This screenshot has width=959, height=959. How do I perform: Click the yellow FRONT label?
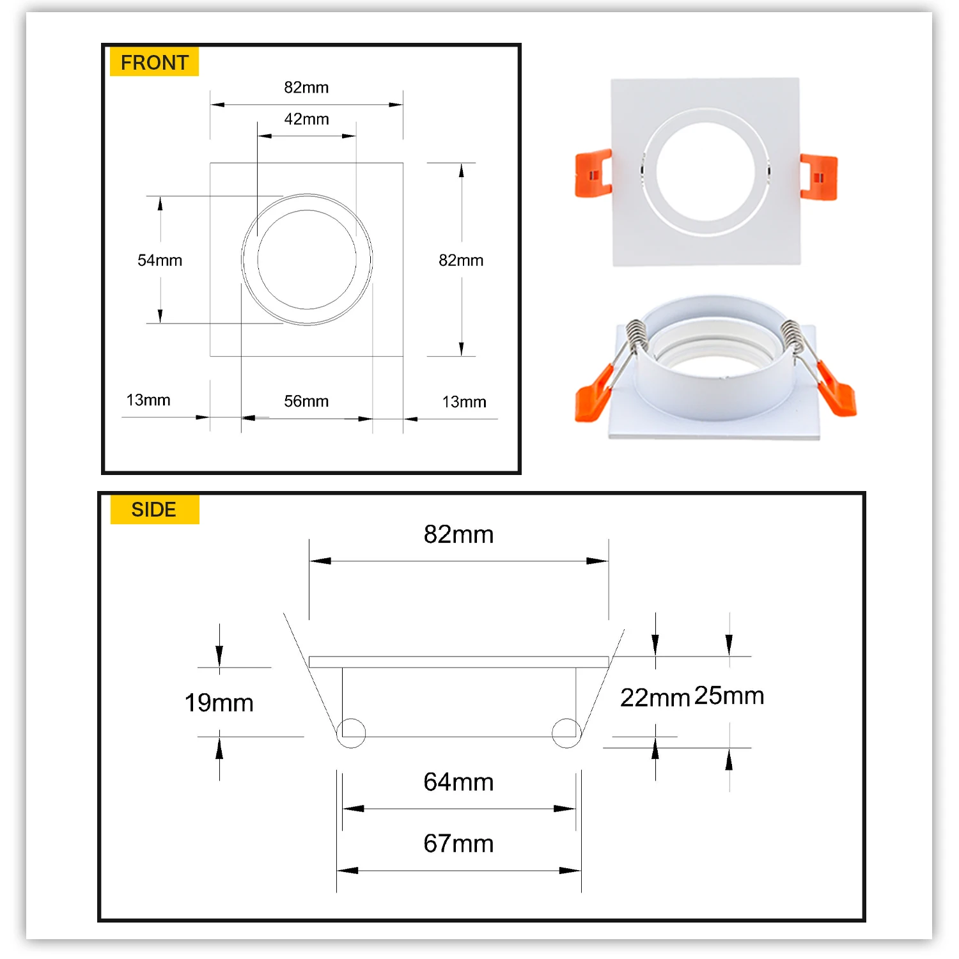(x=154, y=62)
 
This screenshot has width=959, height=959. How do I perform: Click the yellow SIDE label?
(x=154, y=510)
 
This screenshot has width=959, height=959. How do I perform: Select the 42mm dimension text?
(x=306, y=120)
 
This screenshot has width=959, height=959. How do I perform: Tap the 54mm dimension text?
(x=160, y=260)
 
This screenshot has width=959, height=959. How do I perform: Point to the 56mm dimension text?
(x=306, y=402)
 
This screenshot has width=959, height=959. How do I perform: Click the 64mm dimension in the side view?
(x=458, y=783)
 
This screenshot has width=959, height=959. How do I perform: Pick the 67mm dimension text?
(x=458, y=844)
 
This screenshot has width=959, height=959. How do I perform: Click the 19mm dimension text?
(x=219, y=703)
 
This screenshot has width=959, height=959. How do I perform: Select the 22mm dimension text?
(x=655, y=698)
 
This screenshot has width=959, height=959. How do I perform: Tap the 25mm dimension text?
(x=729, y=696)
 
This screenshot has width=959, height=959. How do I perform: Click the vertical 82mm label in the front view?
(x=461, y=260)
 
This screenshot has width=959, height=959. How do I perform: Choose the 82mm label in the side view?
(x=458, y=534)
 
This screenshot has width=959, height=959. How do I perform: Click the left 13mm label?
(x=148, y=400)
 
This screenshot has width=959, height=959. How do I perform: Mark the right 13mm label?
(x=464, y=402)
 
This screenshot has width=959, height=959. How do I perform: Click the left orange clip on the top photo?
(x=593, y=173)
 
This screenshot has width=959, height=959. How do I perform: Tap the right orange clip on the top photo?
(x=818, y=177)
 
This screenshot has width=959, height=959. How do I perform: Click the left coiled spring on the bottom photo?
(x=637, y=336)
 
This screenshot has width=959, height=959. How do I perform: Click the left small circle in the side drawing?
(x=351, y=733)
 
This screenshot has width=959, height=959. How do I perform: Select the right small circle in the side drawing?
(x=566, y=733)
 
